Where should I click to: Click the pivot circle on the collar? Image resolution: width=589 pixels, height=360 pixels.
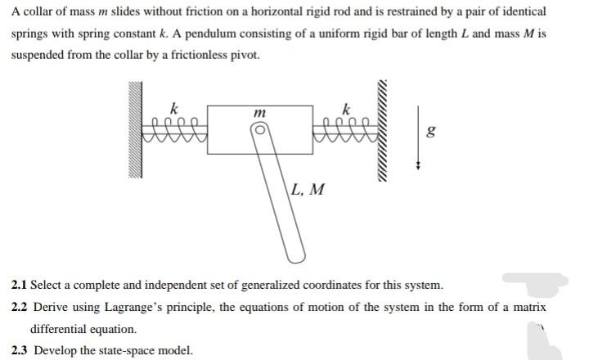[x=260, y=130]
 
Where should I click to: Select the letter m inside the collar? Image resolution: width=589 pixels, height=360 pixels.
[x=259, y=111]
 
